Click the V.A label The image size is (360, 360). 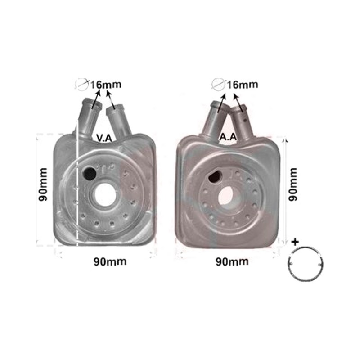coord(104,138)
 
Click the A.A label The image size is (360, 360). coord(228,137)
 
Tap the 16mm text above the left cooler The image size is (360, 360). coord(106,85)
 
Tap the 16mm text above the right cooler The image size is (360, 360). coord(243,85)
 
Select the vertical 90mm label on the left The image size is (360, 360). coord(43,184)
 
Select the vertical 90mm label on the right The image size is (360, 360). coord(293,184)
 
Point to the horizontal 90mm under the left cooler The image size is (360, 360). coord(110,261)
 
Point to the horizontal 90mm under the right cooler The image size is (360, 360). coord(232,261)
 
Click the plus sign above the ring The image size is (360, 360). coord(295,242)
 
